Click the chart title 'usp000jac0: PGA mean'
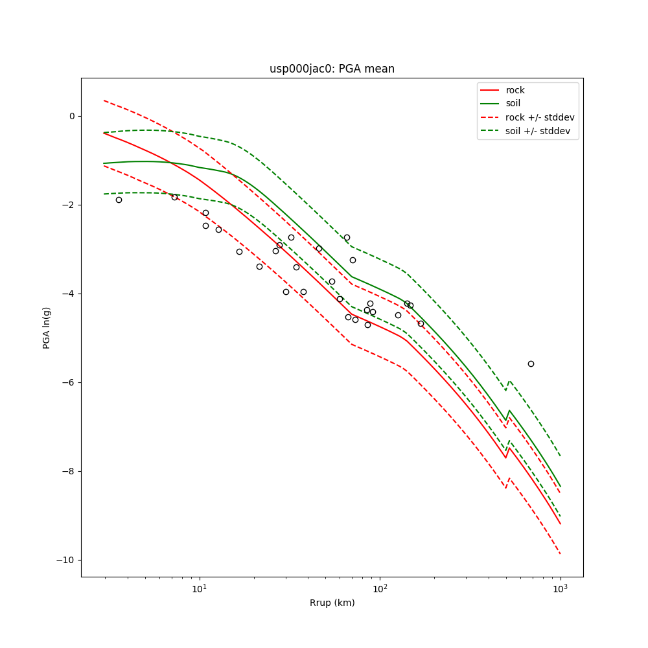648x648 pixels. (332, 69)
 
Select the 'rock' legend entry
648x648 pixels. (515, 90)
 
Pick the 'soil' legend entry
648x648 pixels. (513, 103)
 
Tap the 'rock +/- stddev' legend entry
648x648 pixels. (540, 117)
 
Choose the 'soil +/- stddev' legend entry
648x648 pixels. (540, 131)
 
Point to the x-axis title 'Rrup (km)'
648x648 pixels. (332, 603)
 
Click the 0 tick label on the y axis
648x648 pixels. (72, 116)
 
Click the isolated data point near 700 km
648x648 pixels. (531, 364)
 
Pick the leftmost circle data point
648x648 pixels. (119, 200)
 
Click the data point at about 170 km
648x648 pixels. (421, 323)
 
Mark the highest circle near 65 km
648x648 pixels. (347, 237)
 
